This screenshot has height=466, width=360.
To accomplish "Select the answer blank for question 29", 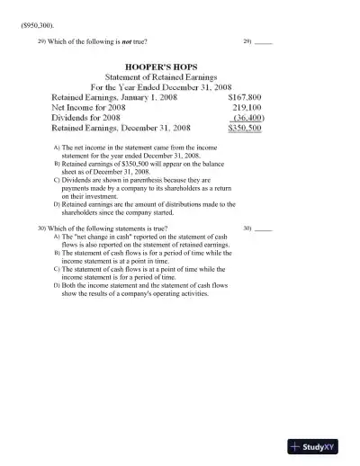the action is point(264,42).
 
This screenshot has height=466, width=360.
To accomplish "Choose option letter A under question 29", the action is point(57,146).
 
